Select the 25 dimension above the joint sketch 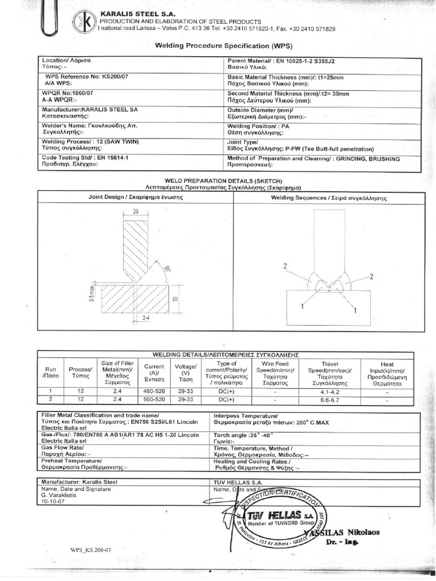(x=136, y=210)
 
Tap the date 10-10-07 (x=54, y=502)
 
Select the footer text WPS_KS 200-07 (x=91, y=550)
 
